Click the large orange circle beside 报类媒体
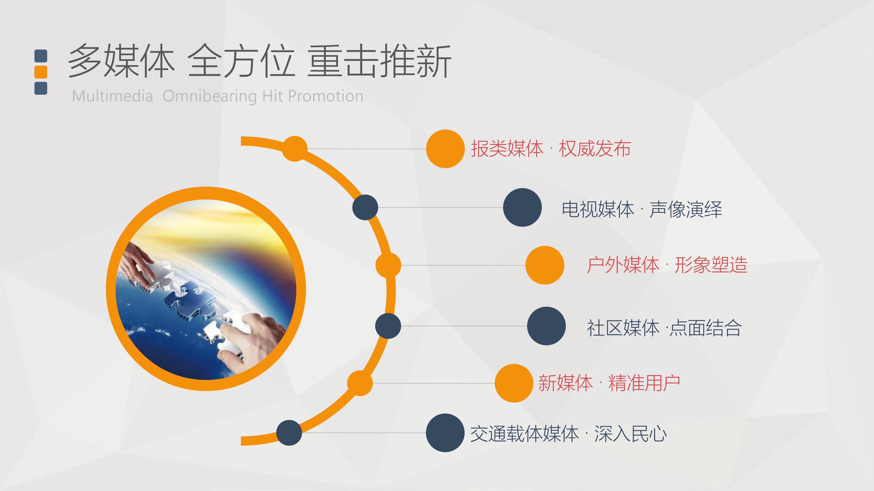coord(445,149)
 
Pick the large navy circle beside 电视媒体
coord(522,207)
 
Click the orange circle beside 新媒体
coord(514,383)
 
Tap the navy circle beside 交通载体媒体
coord(445,433)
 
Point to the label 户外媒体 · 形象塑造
coord(667,265)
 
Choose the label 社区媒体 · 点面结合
coord(664,328)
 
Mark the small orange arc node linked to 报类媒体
coord(295,149)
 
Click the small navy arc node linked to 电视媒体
coord(365,207)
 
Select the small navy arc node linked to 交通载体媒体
coord(289,433)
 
